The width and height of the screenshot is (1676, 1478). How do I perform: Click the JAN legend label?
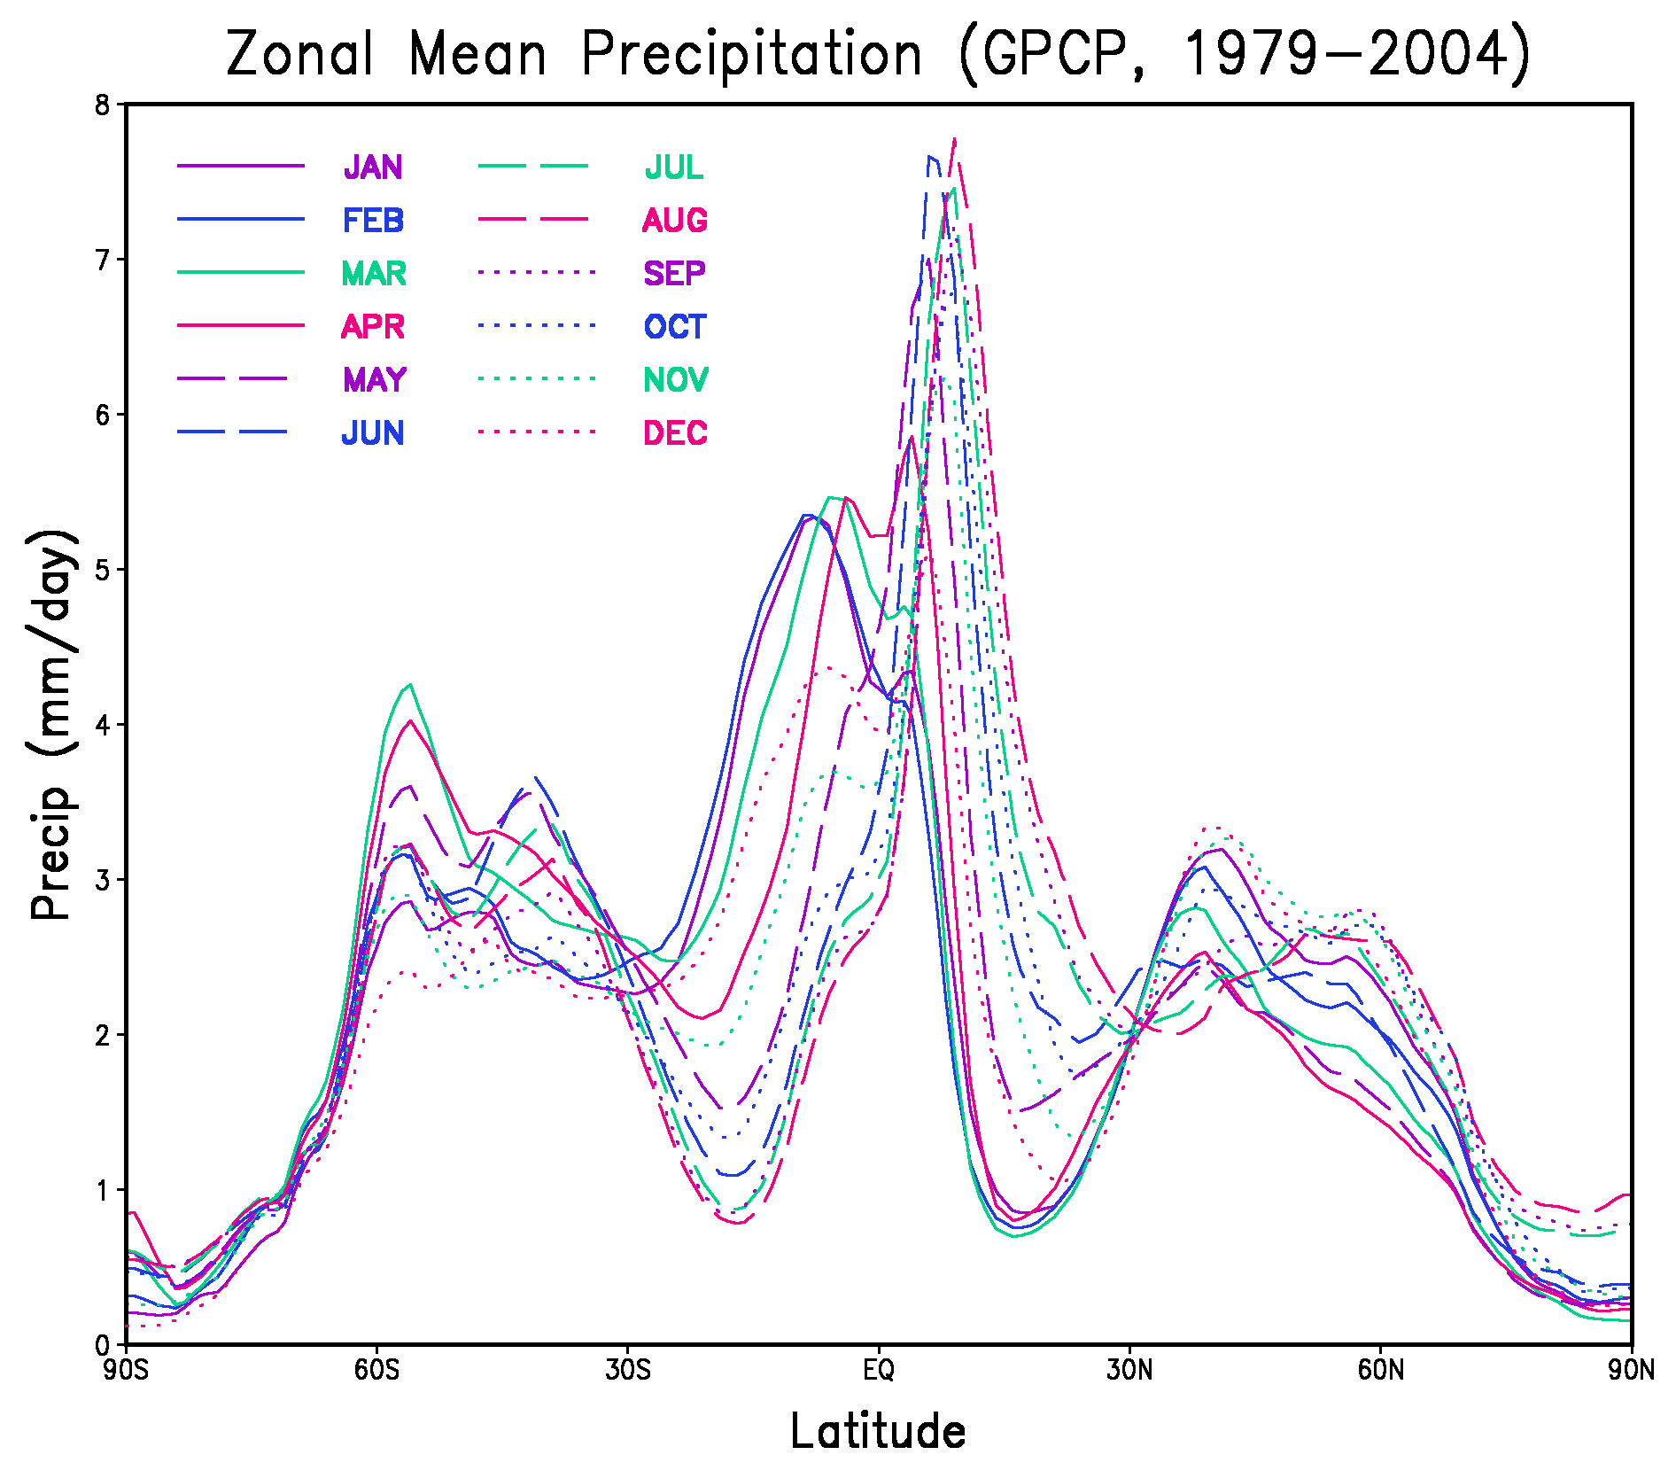373,167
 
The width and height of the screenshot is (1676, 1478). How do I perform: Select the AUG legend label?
674,221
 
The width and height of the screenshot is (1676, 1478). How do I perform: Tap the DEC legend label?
675,433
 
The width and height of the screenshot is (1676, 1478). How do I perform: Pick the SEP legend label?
674,274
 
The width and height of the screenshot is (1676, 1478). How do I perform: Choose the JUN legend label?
373,433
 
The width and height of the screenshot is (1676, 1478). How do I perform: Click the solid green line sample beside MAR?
240,272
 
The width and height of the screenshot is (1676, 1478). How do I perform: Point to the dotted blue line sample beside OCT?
537,325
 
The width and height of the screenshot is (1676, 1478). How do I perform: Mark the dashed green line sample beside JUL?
532,166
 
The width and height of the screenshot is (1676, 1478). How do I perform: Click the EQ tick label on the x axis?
879,1371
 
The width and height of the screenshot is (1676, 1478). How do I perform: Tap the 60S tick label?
377,1371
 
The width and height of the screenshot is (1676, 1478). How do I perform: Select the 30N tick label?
1130,1371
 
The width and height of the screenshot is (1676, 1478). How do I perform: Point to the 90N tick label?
1631,1371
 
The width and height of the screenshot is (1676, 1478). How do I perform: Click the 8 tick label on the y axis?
103,105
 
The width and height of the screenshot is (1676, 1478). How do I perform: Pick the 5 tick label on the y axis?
103,570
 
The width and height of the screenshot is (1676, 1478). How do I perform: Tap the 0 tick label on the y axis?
103,1345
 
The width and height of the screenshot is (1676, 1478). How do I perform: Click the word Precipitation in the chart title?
751,55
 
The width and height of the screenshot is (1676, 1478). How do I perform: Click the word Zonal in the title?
300,55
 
